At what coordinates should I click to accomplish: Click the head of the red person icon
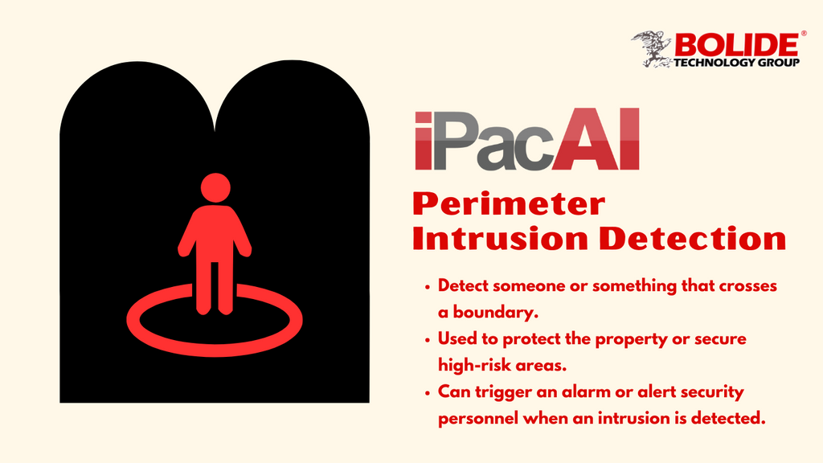pyautogui.click(x=215, y=187)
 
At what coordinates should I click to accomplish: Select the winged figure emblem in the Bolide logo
pyautogui.click(x=653, y=47)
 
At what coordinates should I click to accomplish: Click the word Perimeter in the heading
pyautogui.click(x=508, y=204)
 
